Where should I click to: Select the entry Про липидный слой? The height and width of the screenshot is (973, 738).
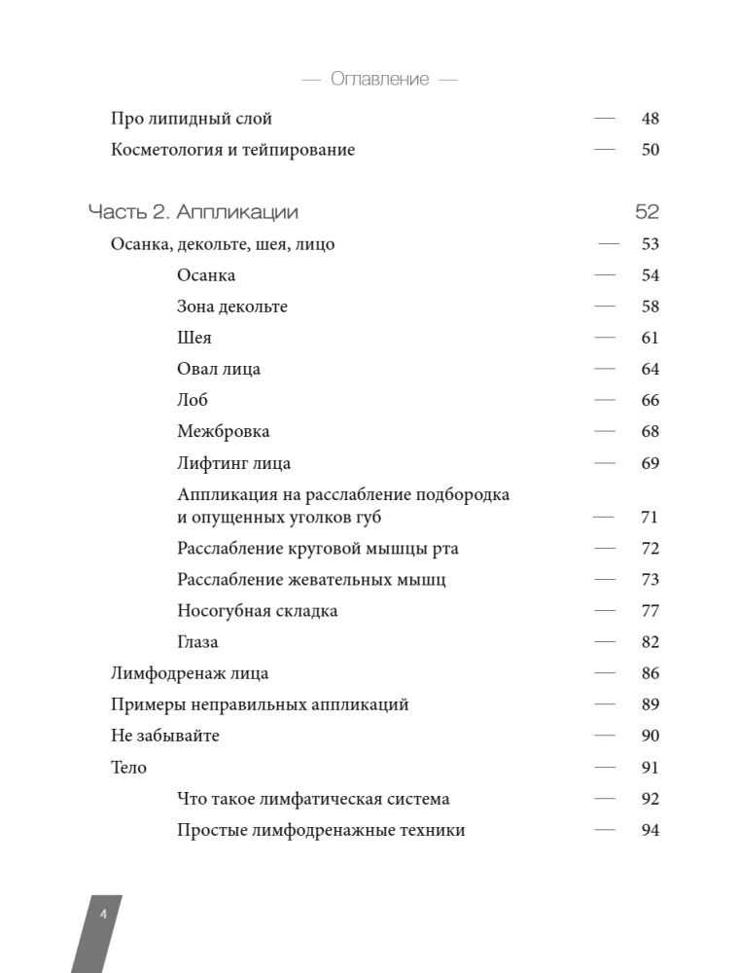[x=192, y=119]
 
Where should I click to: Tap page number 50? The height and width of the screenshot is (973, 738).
[x=650, y=150]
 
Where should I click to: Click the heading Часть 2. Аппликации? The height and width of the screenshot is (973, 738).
[x=193, y=212]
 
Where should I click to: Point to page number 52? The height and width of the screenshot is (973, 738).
[x=647, y=212]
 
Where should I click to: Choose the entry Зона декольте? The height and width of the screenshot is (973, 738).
[x=232, y=306]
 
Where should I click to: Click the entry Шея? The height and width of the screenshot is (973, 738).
[x=194, y=338]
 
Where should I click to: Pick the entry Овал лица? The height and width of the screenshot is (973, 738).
[x=219, y=369]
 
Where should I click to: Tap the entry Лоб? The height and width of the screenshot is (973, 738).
[x=193, y=400]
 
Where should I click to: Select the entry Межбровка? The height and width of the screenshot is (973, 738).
[x=224, y=431]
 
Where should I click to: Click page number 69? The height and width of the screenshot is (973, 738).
[x=650, y=463]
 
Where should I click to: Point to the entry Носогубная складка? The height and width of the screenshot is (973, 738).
[x=258, y=611]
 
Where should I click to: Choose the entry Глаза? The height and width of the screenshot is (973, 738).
[x=197, y=642]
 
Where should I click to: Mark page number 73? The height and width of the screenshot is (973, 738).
[x=650, y=580]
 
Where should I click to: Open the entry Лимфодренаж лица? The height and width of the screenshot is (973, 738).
[x=190, y=673]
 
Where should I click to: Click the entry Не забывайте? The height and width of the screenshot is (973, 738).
[x=165, y=736]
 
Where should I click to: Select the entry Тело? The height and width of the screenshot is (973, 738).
[x=129, y=768]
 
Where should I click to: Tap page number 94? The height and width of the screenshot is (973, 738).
[x=650, y=830]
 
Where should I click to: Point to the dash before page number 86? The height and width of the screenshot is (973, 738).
[x=605, y=673]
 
